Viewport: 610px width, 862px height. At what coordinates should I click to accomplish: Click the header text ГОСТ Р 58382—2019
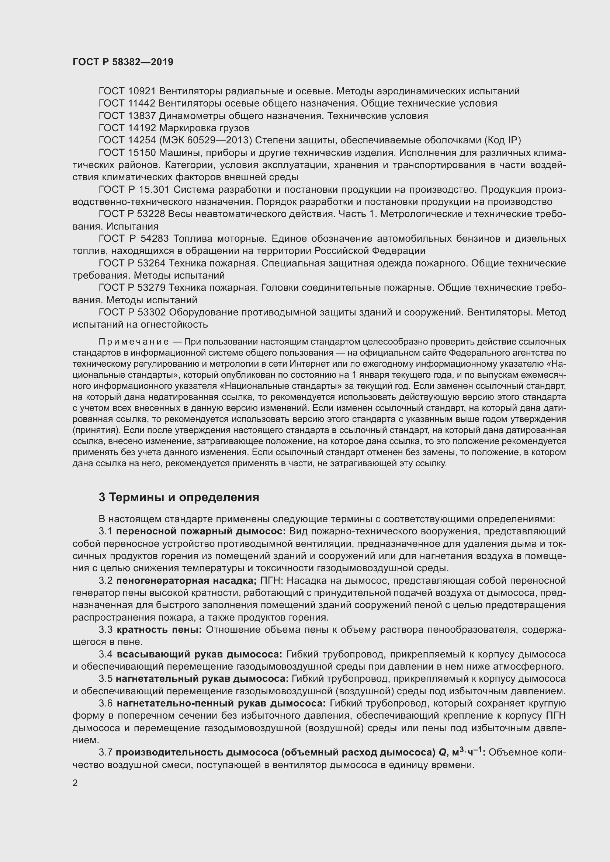(x=123, y=62)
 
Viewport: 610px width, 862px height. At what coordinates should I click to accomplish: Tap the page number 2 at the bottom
(x=75, y=783)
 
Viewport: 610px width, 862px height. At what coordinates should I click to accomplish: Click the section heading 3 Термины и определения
(x=179, y=497)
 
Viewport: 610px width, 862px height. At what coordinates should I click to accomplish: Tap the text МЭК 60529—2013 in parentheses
(x=205, y=140)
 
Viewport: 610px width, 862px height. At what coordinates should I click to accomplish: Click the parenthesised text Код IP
(x=503, y=140)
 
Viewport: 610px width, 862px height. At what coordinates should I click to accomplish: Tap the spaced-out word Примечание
(x=134, y=342)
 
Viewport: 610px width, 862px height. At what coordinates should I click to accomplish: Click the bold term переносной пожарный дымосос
(x=201, y=531)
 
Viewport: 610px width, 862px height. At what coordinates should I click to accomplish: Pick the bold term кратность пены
(x=159, y=629)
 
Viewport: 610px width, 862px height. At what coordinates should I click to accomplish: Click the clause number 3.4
(x=105, y=655)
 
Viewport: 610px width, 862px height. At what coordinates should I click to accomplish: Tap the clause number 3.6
(x=105, y=703)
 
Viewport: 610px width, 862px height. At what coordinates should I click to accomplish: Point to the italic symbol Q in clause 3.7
(x=442, y=753)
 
